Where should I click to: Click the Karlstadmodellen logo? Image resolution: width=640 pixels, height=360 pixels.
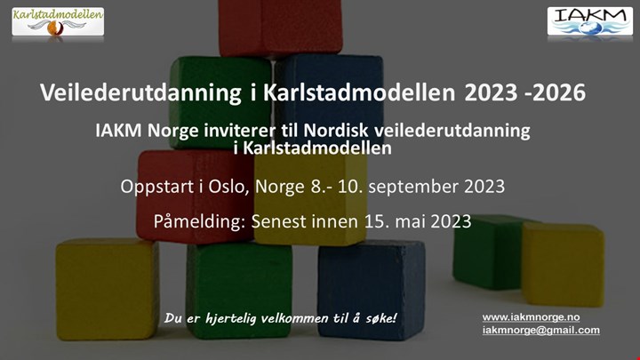[x=58, y=21]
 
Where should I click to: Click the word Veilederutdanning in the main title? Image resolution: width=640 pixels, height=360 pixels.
[x=140, y=92]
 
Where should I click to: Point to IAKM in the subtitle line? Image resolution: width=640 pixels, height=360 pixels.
[x=118, y=131]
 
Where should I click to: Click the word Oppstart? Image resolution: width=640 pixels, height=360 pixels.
[x=157, y=188]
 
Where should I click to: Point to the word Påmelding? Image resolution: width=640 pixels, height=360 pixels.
[x=200, y=221]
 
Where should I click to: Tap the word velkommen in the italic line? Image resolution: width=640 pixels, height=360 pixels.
[x=294, y=318]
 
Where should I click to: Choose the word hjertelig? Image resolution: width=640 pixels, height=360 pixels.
[x=231, y=318]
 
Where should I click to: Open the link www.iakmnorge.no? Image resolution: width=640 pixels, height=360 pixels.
[x=531, y=317]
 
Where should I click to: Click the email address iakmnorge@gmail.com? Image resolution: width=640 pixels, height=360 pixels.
[x=541, y=330]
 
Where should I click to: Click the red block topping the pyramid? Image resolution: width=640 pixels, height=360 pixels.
[x=280, y=27]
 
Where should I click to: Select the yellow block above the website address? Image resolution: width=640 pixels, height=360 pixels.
[x=563, y=265]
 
